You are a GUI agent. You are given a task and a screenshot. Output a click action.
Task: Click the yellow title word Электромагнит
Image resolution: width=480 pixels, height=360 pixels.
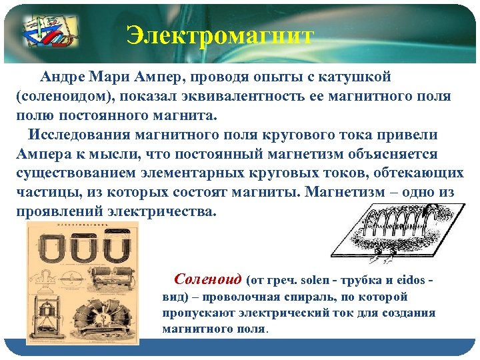pos(220,36)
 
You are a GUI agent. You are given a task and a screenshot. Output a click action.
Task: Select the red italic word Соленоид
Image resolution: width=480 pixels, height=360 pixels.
pos(207,279)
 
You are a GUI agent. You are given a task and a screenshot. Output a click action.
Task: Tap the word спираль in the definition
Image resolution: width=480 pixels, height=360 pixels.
pos(313,297)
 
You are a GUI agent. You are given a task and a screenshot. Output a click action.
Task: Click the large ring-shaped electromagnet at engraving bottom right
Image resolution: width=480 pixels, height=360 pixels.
pos(106,320)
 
